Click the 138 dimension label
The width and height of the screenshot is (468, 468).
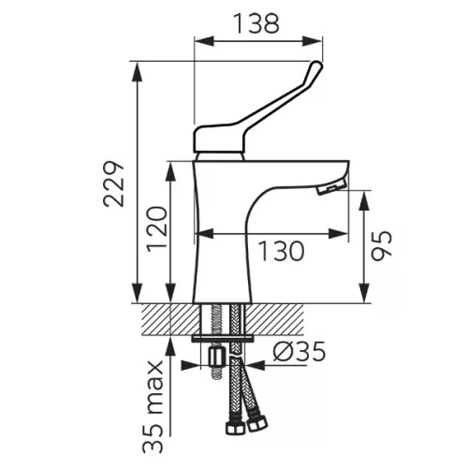click(x=257, y=23)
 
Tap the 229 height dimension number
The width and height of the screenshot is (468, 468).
click(x=113, y=183)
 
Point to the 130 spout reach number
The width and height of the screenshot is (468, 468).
click(x=281, y=251)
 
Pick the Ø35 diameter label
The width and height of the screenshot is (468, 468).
click(x=300, y=352)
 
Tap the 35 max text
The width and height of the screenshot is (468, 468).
click(x=153, y=407)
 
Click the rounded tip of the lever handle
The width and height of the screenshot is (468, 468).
click(x=316, y=66)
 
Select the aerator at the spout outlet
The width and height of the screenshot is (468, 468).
click(x=331, y=187)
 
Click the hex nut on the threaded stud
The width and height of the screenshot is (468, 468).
click(x=216, y=358)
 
